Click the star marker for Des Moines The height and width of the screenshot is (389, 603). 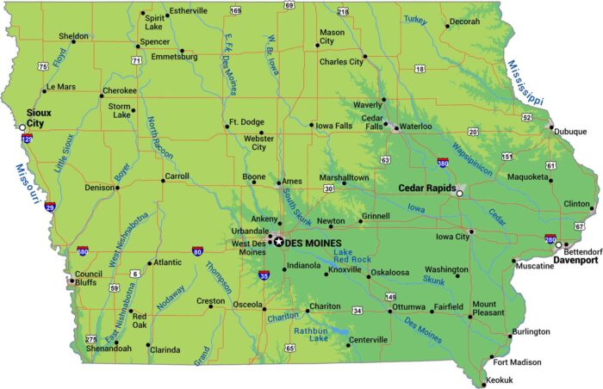pyautogui.click(x=278, y=243)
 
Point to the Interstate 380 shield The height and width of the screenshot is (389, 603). pyautogui.click(x=442, y=161)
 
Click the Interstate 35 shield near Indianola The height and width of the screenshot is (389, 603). pyautogui.click(x=263, y=275)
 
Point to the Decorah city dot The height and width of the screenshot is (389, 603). pyautogui.click(x=446, y=26)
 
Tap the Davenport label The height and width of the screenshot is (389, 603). pyautogui.click(x=575, y=257)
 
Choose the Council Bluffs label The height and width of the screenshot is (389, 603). pyautogui.click(x=89, y=277)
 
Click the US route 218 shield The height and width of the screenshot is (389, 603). pyautogui.click(x=343, y=11)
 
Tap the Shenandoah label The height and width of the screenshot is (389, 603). pyautogui.click(x=108, y=349)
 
